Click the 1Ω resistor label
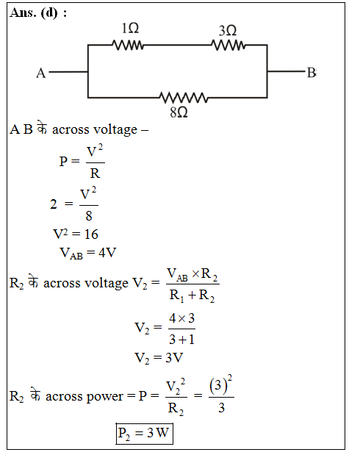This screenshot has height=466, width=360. pos(130,29)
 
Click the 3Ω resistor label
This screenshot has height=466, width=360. pos(228,31)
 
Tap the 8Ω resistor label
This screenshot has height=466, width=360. pos(179,112)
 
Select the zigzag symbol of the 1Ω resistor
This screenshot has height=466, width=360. pos(128,46)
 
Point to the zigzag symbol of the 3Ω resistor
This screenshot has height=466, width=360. pos(228,46)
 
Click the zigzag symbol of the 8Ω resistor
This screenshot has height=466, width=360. pos(184,98)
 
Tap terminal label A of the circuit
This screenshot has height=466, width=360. pos(41,73)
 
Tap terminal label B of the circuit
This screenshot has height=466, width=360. pos(312,73)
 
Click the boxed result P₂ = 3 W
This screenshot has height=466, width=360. pos(144,434)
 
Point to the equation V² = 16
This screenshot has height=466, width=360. pos(76,234)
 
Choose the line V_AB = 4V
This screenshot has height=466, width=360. pos(88,253)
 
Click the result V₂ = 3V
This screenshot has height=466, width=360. pos(159,358)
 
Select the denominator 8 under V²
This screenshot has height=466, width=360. pos(89,216)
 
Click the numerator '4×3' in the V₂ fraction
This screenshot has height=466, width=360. pos(181,318)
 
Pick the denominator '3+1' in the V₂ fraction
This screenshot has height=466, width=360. pos(181,339)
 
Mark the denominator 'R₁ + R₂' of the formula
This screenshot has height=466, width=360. pos(192,295)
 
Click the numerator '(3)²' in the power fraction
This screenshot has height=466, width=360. pos(220,385)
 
